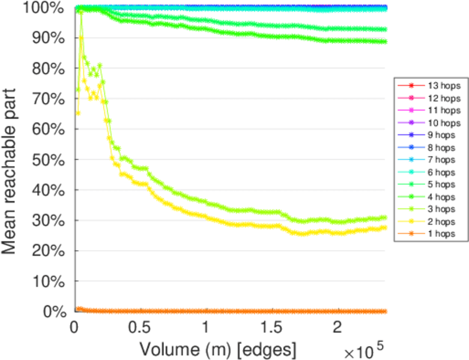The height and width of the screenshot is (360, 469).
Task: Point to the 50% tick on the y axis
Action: (52, 160)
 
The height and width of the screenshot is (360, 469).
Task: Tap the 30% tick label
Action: (52, 220)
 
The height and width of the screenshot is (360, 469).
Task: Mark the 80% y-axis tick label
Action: (52, 68)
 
